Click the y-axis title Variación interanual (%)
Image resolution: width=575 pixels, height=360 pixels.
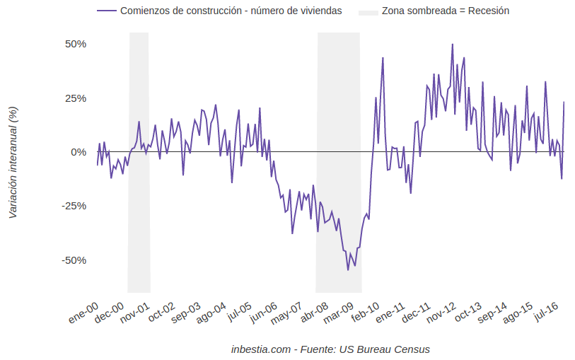click(12, 163)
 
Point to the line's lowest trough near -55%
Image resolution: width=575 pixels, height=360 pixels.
click(348, 269)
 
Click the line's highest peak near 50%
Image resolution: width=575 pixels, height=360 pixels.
click(453, 44)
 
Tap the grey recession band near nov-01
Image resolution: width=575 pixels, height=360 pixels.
click(139, 212)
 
